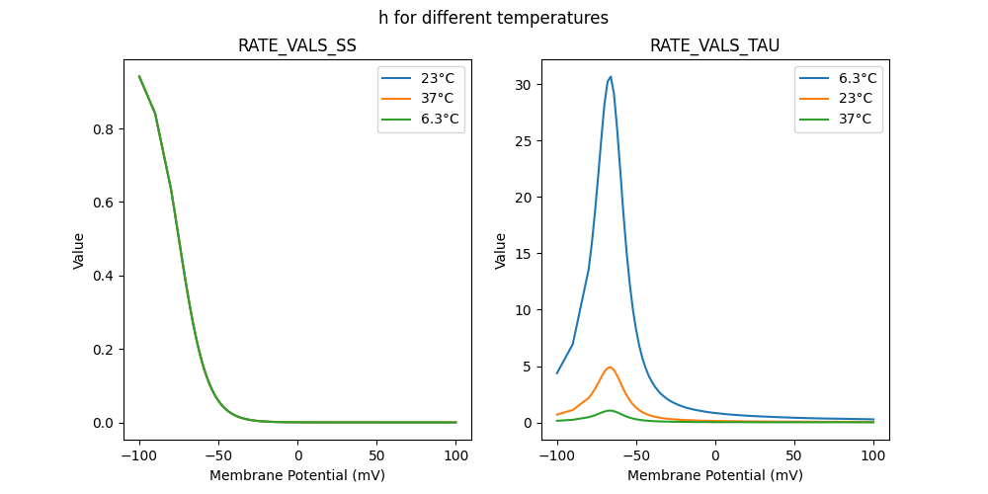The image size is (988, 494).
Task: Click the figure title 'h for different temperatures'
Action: pyautogui.click(x=493, y=18)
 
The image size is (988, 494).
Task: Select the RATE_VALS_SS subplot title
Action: pyautogui.click(x=297, y=46)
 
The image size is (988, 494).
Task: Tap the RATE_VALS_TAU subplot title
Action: pyautogui.click(x=714, y=46)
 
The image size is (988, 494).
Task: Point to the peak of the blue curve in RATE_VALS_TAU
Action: pyautogui.click(x=611, y=76)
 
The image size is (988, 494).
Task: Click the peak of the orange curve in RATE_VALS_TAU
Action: pyautogui.click(x=610, y=368)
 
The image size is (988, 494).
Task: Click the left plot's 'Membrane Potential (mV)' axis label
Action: pyautogui.click(x=297, y=475)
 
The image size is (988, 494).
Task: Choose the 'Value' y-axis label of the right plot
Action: pyautogui.click(x=501, y=251)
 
